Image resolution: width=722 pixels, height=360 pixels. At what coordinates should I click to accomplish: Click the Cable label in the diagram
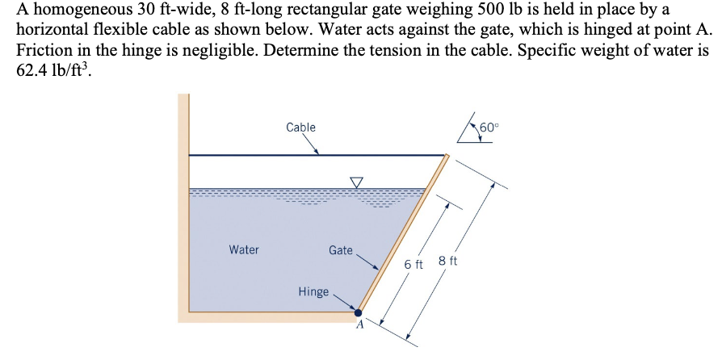(x=300, y=128)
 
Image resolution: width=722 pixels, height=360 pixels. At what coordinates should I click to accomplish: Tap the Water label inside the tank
(x=244, y=250)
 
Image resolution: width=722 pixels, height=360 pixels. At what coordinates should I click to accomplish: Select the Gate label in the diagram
(x=340, y=250)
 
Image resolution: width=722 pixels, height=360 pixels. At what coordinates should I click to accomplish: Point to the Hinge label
(x=313, y=291)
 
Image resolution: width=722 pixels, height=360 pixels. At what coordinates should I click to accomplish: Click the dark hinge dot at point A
(x=359, y=313)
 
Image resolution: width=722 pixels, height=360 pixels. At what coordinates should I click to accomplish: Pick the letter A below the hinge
(x=361, y=328)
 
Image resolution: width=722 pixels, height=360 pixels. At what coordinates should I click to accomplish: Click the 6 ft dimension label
(x=413, y=265)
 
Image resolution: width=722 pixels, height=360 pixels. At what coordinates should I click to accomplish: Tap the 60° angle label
(x=490, y=126)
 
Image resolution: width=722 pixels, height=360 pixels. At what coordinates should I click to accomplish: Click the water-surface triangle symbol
(x=356, y=182)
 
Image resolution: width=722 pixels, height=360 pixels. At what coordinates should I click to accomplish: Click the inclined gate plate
(x=404, y=234)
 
